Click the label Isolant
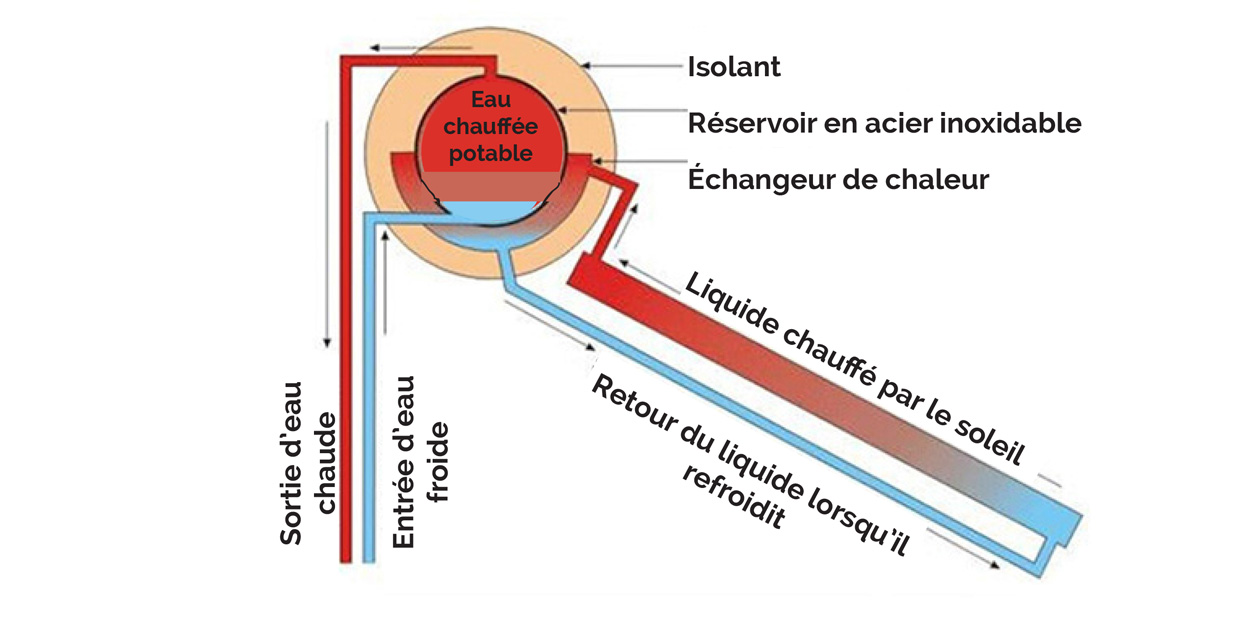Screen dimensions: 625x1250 click(734, 67)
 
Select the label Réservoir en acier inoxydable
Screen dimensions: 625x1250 click(884, 123)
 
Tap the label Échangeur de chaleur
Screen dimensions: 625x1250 click(838, 180)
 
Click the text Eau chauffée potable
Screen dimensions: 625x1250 click(490, 127)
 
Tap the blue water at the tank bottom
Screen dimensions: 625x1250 click(491, 209)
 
